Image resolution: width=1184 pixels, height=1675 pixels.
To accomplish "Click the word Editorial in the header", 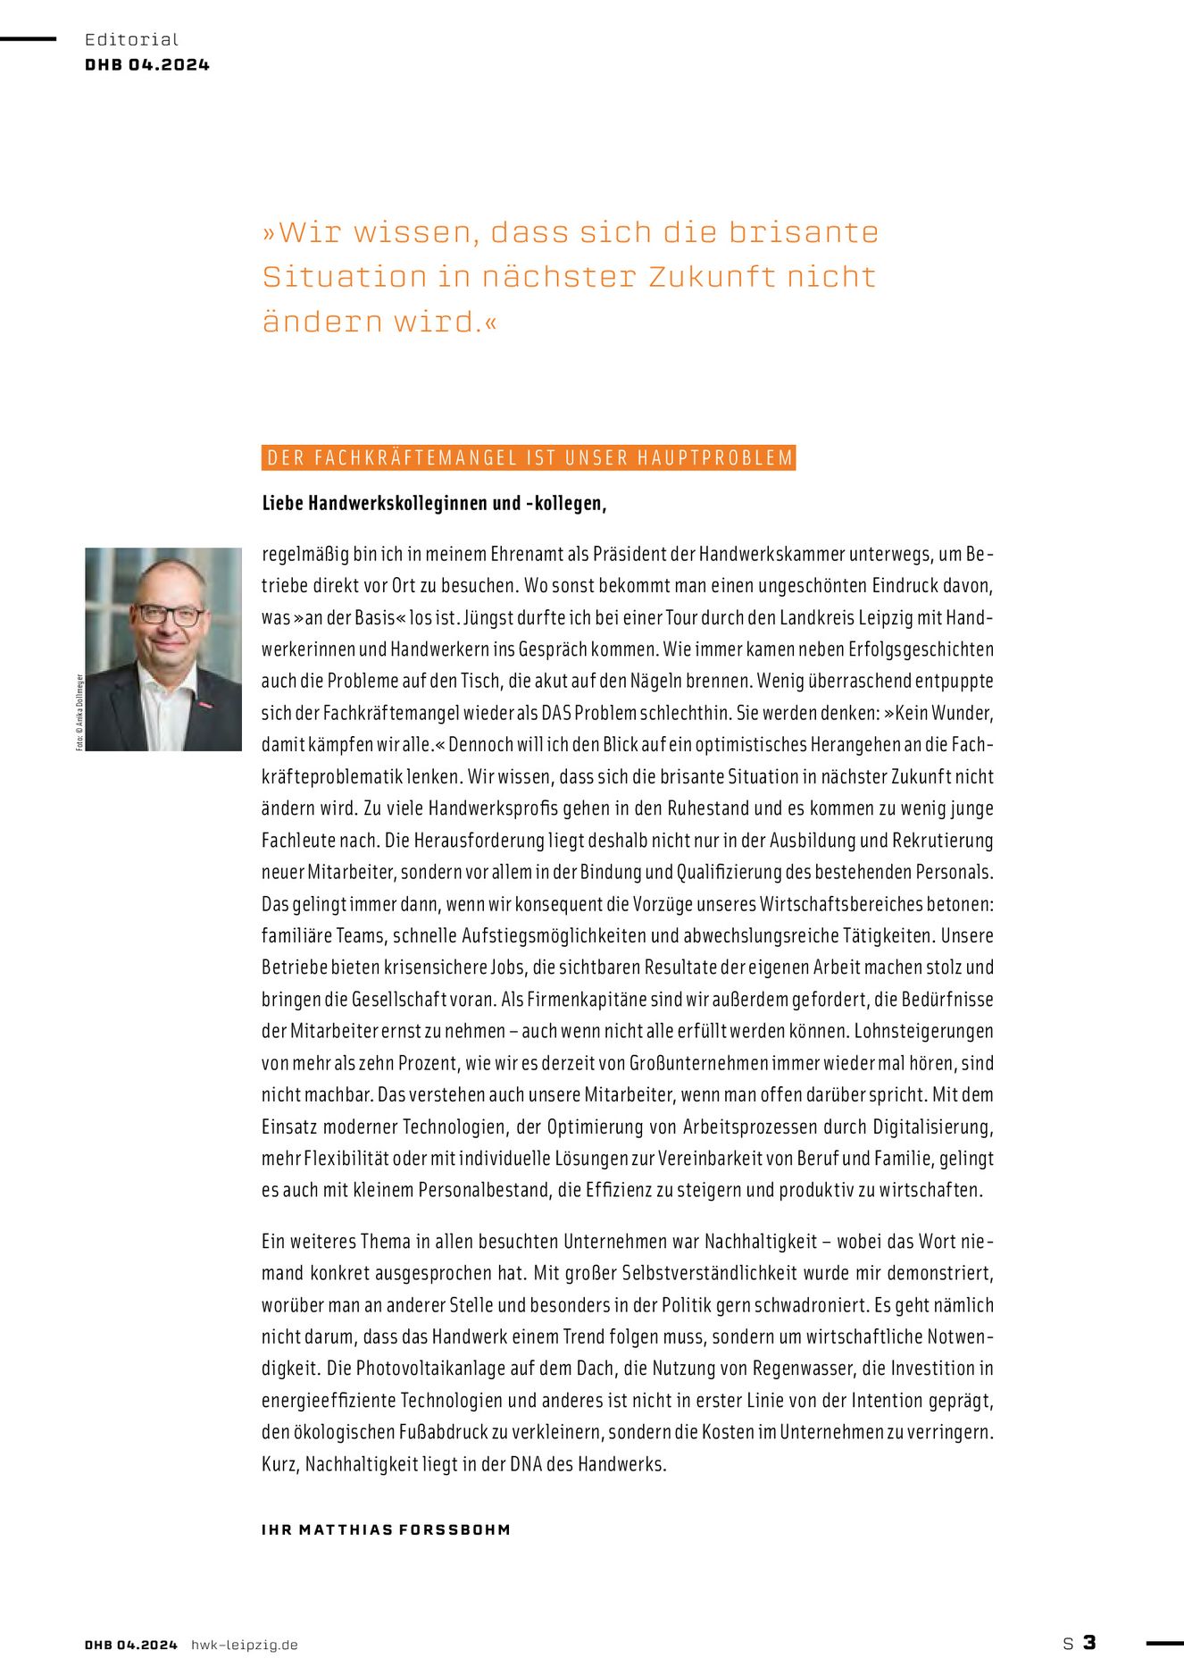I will pos(131,39).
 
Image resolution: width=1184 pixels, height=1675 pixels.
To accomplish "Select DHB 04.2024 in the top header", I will pos(147,64).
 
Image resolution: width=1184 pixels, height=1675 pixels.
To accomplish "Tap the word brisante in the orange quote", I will pos(803,232).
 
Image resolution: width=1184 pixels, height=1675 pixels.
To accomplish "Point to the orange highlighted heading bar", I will pos(529,458).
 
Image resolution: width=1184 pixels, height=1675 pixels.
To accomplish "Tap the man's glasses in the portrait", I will pos(169,615).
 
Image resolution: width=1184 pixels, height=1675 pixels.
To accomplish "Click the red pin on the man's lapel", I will pos(206,705).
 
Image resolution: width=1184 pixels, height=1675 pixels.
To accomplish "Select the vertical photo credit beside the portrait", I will pos(79,712).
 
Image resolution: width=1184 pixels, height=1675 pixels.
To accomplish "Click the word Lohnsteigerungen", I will pos(923,1031).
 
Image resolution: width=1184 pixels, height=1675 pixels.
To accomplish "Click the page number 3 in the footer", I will pos(1089,1643).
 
